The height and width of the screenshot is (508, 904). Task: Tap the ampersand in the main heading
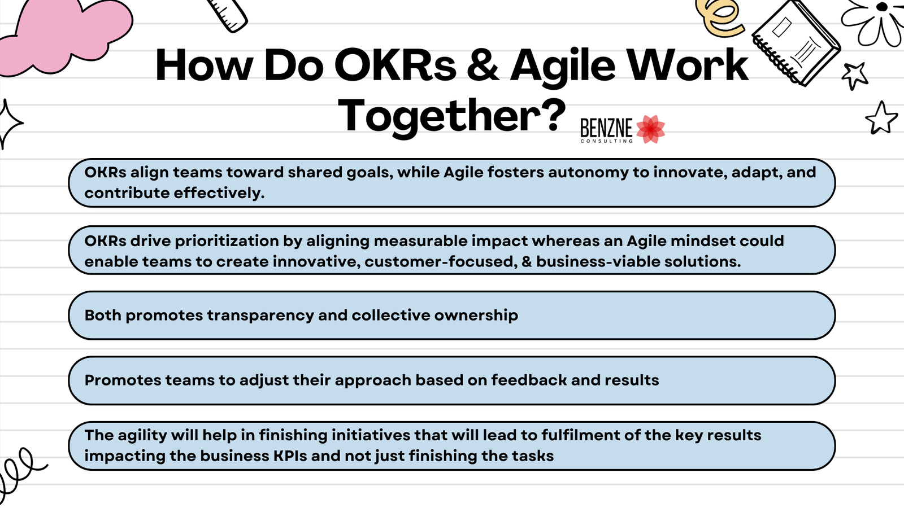click(x=483, y=65)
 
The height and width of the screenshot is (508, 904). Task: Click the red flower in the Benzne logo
click(x=650, y=129)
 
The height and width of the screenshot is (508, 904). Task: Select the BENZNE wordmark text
click(x=606, y=129)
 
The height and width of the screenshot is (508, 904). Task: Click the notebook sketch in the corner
click(x=796, y=42)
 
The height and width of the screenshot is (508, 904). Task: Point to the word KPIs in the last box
click(x=290, y=456)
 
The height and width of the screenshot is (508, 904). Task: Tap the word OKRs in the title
click(x=395, y=65)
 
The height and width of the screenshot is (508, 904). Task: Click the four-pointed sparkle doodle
click(x=8, y=123)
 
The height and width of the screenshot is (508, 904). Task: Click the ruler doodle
click(x=228, y=14)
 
